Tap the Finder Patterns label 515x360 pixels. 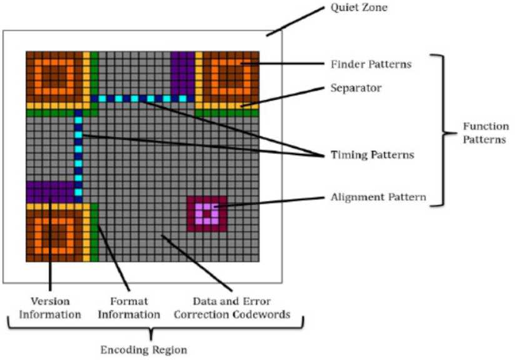pyautogui.click(x=363, y=64)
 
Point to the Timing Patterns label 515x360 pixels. pyautogui.click(x=371, y=154)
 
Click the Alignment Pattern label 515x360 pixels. pyautogui.click(x=378, y=197)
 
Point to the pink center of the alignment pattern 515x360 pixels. pyautogui.click(x=206, y=214)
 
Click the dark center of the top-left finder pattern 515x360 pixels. pyautogui.click(x=54, y=79)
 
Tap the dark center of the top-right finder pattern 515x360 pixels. pyautogui.click(x=229, y=79)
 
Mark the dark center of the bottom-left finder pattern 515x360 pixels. pyautogui.click(x=54, y=232)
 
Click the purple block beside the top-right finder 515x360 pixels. pyautogui.click(x=182, y=72)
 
